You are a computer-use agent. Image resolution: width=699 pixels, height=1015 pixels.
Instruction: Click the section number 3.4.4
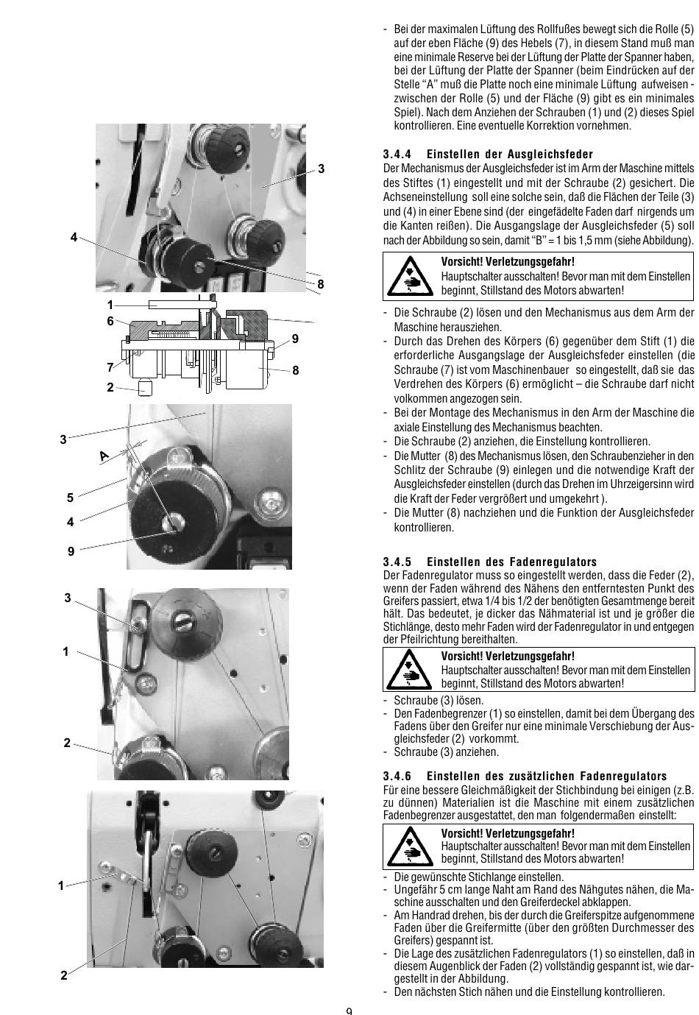click(x=397, y=155)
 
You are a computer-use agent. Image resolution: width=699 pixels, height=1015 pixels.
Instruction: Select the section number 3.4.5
click(x=397, y=562)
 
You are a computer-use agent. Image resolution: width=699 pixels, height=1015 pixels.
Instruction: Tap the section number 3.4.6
click(x=397, y=776)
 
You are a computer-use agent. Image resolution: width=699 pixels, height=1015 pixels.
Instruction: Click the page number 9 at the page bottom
click(x=349, y=1010)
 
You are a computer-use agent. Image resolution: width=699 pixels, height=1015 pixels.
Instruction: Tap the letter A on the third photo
click(x=104, y=456)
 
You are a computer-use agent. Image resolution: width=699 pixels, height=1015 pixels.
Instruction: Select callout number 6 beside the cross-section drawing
click(x=110, y=321)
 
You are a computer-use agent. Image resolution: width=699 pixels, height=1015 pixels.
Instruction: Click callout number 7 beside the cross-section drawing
click(x=110, y=367)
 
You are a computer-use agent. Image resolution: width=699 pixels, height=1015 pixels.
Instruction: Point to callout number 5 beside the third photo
click(x=71, y=498)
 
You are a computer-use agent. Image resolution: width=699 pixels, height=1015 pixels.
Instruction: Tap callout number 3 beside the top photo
click(x=321, y=169)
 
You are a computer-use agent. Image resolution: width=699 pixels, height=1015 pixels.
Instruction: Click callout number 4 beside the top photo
click(x=74, y=237)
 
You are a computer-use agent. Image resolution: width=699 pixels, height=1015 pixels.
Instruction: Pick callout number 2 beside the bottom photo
click(x=64, y=975)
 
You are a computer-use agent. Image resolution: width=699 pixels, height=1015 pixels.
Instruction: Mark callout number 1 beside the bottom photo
click(x=62, y=886)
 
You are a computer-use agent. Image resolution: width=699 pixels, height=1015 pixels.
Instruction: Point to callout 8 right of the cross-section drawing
click(x=296, y=370)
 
